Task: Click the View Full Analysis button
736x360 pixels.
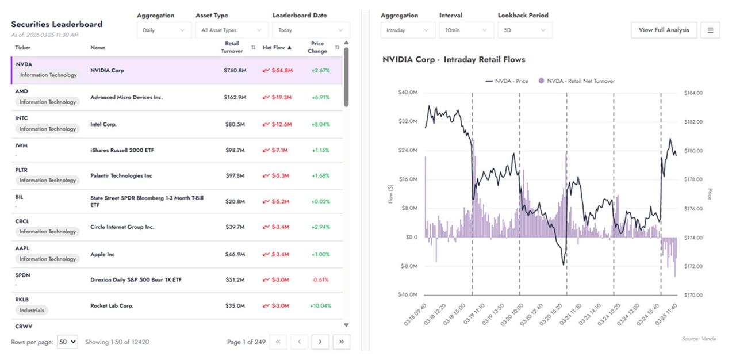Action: pyautogui.click(x=664, y=30)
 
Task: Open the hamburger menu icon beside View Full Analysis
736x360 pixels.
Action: pyautogui.click(x=710, y=30)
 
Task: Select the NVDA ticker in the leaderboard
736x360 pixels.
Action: pyautogui.click(x=24, y=64)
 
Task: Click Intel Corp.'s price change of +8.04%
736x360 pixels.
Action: pyautogui.click(x=320, y=124)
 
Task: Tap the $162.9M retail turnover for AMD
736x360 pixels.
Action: pyautogui.click(x=235, y=98)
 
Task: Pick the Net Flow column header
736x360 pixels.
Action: pyautogui.click(x=274, y=48)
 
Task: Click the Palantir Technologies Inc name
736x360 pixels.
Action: pyautogui.click(x=120, y=175)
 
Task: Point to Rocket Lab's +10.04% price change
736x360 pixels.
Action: pyautogui.click(x=320, y=306)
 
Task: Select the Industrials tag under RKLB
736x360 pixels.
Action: pyautogui.click(x=32, y=310)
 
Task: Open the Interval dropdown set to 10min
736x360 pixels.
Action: pyautogui.click(x=465, y=30)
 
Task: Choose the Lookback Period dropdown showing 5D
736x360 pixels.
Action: pyautogui.click(x=524, y=30)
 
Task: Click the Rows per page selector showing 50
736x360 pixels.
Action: pyautogui.click(x=67, y=342)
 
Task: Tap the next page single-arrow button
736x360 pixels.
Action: pyautogui.click(x=320, y=342)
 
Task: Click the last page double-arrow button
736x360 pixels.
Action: pyautogui.click(x=341, y=342)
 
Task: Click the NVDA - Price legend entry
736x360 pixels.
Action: pyautogui.click(x=507, y=81)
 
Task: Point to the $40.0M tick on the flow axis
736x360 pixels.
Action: pyautogui.click(x=408, y=93)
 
